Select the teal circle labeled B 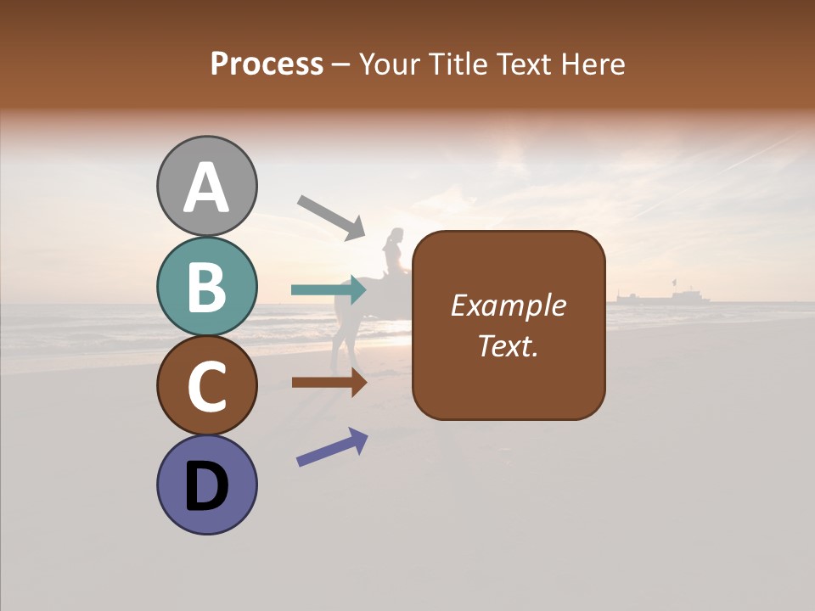click(x=207, y=287)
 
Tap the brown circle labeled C click(x=207, y=386)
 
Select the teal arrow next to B click(x=329, y=290)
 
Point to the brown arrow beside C click(x=329, y=382)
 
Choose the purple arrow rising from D click(x=332, y=447)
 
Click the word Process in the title click(x=267, y=64)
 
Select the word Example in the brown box click(x=508, y=305)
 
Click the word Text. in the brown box click(x=508, y=345)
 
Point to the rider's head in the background click(x=394, y=237)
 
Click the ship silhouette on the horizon click(x=663, y=295)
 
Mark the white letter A click(x=207, y=188)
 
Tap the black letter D click(x=207, y=487)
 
